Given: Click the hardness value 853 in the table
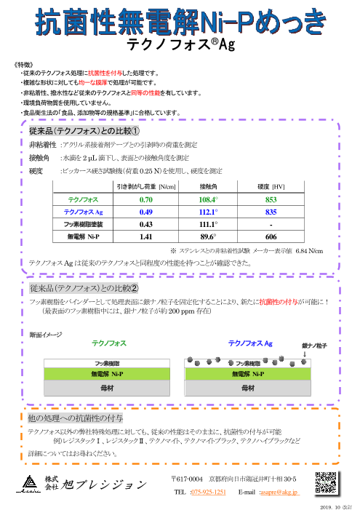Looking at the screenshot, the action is click(x=271, y=199).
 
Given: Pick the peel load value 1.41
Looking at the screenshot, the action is click(x=145, y=237).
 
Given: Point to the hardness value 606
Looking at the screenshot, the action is click(x=271, y=237).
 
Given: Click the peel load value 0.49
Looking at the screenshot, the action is click(x=145, y=212).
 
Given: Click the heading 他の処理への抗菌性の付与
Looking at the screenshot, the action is click(x=73, y=418).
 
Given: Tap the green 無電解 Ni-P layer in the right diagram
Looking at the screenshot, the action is click(x=252, y=374).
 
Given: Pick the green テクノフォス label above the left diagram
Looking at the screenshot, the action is click(x=109, y=342).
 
